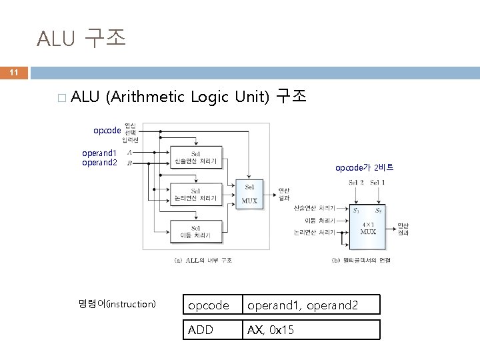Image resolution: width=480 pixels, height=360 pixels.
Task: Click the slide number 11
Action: (13, 72)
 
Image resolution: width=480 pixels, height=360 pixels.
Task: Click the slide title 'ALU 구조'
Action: (81, 39)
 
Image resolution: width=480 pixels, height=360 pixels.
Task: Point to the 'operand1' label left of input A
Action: (99, 153)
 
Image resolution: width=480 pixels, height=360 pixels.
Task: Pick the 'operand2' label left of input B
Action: (99, 162)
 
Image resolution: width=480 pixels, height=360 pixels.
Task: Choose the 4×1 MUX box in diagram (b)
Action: (367, 223)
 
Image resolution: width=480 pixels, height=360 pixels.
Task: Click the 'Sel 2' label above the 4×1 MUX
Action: (357, 183)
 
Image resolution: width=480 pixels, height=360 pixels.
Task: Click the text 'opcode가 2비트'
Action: (364, 168)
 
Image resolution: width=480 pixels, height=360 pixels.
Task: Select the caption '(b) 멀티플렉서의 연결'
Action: (361, 259)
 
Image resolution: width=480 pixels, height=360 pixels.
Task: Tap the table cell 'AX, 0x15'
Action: (311, 330)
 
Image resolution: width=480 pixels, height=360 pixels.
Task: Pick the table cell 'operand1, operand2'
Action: (311, 305)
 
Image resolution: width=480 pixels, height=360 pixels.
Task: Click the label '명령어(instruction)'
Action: (117, 304)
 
